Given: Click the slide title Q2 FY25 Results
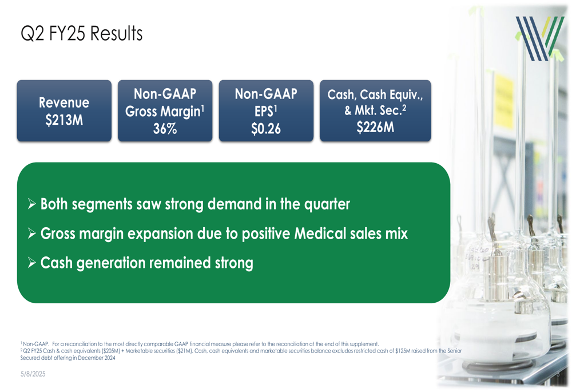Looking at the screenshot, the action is click(81, 34).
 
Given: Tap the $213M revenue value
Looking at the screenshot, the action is click(64, 120).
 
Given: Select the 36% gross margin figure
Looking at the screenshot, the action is click(165, 129).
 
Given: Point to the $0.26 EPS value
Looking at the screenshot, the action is click(266, 129).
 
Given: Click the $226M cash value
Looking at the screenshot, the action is click(375, 127).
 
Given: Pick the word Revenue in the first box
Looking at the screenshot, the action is click(64, 102).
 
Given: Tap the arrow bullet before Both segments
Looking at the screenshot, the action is click(32, 204).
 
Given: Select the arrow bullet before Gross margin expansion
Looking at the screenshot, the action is click(32, 233).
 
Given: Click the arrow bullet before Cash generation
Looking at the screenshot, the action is click(32, 263).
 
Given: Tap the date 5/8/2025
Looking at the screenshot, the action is click(33, 374).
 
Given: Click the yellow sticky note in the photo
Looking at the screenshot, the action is click(504, 101).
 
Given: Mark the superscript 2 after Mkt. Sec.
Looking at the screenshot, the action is click(404, 108).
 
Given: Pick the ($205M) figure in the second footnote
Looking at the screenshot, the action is click(112, 351).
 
